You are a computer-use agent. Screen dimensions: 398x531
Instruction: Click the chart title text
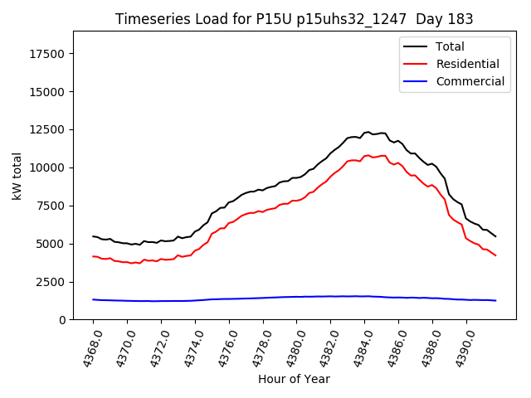pos(295,19)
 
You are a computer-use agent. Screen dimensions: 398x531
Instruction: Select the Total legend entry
pos(450,46)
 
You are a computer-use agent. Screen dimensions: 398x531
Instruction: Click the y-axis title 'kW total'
pos(17,175)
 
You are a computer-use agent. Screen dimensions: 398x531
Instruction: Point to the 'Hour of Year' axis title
pos(294,379)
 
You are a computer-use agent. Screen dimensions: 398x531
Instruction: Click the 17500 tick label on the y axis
pos(48,54)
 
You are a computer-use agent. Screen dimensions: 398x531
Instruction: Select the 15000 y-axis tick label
pos(48,91)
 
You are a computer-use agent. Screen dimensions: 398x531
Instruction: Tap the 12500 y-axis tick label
pos(48,129)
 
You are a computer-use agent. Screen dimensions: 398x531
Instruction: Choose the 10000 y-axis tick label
pos(48,167)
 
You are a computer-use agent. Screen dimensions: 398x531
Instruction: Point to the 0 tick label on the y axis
pos(63,320)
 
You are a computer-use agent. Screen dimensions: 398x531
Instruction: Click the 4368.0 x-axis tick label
pos(86,347)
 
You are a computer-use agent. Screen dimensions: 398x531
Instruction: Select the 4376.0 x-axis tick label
pos(222,347)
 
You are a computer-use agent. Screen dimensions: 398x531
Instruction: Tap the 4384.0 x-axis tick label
pos(358,347)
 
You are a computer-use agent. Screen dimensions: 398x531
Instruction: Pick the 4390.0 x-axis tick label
pos(459,347)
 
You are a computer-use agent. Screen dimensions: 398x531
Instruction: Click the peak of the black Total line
pos(368,132)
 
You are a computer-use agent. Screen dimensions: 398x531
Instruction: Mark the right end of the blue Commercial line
pos(496,300)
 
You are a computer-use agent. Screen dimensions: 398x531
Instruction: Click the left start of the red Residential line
pos(93,256)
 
